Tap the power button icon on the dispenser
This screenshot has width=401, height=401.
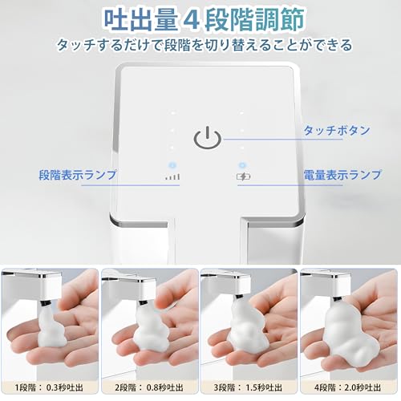205,137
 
